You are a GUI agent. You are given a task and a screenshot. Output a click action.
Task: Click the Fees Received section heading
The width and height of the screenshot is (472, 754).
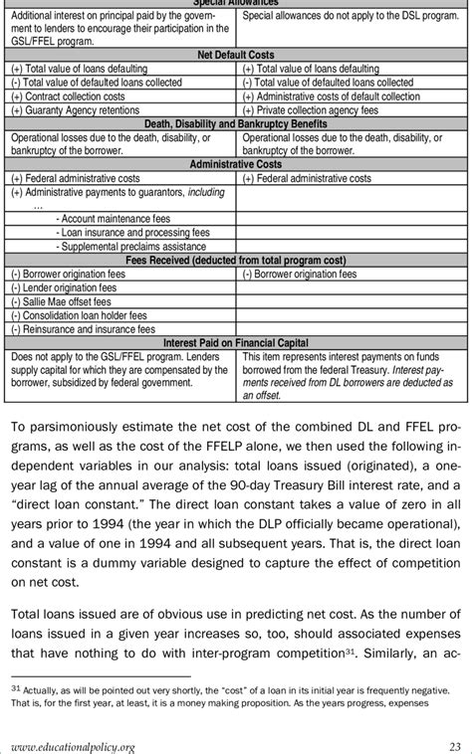coord(236,260)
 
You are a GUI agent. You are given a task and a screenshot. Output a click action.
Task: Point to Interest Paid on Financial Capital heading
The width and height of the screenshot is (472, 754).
coord(236,342)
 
